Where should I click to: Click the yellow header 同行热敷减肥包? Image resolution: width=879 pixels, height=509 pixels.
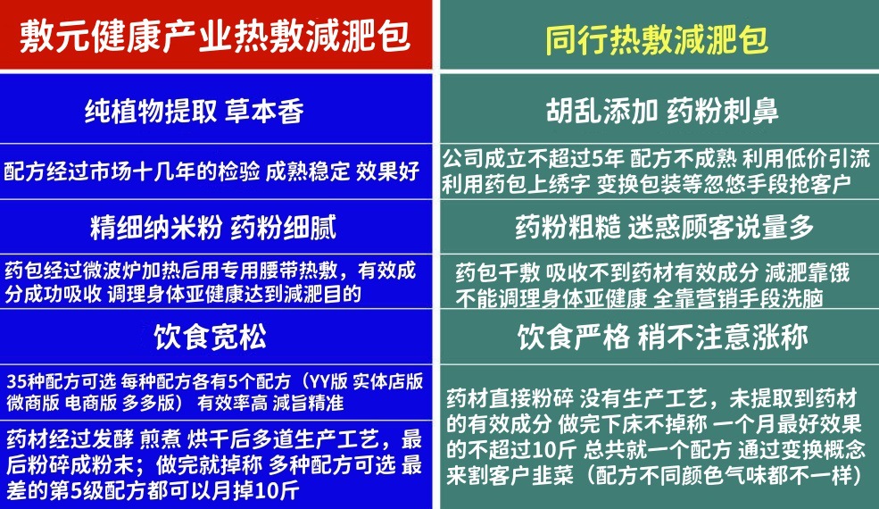click(x=657, y=40)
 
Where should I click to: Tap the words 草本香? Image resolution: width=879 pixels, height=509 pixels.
click(x=267, y=112)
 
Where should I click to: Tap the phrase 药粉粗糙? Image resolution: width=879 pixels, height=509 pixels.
click(x=568, y=228)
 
